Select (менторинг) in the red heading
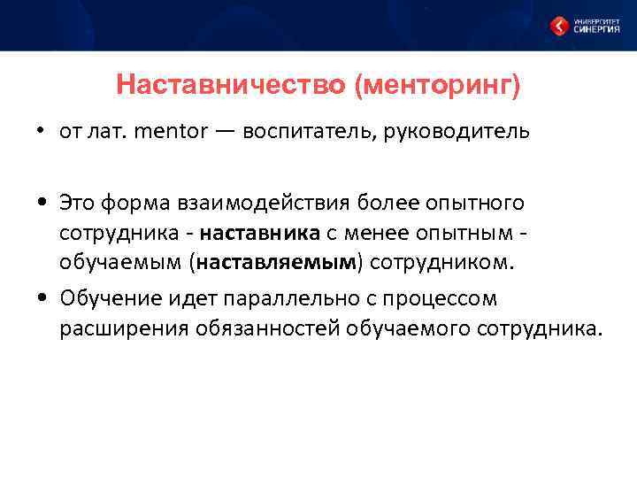point(436,86)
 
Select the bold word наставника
point(259,234)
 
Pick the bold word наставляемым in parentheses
point(278,263)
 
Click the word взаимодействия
point(265,204)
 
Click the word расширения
point(114,329)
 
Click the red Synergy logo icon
point(559,26)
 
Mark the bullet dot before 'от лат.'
point(41,133)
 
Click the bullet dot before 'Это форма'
point(41,204)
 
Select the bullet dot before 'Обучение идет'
point(41,300)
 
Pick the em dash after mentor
point(225,132)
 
